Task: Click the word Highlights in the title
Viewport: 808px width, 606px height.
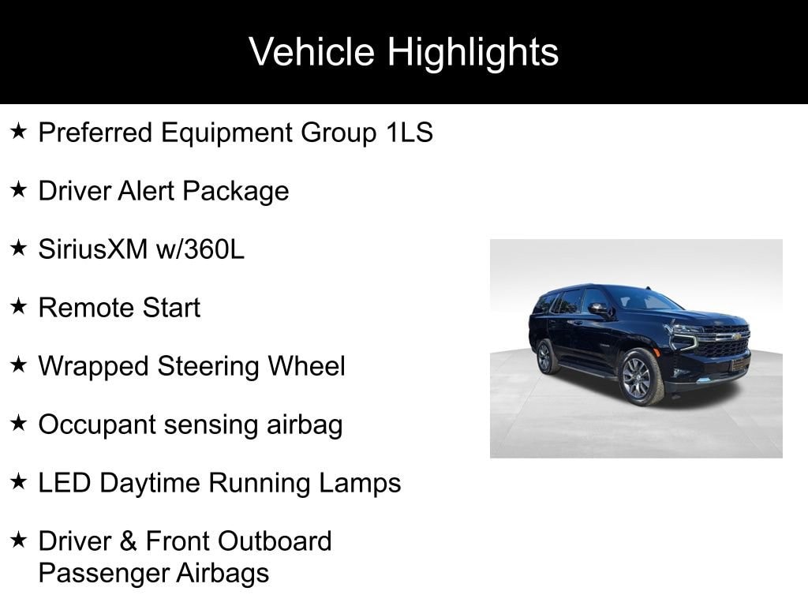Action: click(x=473, y=53)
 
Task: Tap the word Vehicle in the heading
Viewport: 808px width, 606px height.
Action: click(x=311, y=51)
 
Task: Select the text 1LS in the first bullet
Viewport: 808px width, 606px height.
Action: click(x=410, y=132)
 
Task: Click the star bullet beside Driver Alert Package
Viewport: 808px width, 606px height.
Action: click(x=19, y=189)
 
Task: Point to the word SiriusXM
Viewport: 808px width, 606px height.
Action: click(x=93, y=249)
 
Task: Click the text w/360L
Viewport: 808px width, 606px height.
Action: click(x=200, y=249)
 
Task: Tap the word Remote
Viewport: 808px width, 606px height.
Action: click(x=85, y=308)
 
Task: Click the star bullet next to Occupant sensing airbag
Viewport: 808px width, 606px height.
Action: click(x=19, y=423)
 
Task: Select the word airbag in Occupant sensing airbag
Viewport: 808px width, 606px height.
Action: click(x=305, y=425)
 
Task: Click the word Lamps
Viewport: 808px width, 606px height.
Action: click(x=360, y=484)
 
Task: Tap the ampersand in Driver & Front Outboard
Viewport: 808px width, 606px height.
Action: click(x=128, y=541)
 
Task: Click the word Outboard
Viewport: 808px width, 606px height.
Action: click(x=274, y=541)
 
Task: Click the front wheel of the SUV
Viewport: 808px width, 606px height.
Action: click(x=639, y=376)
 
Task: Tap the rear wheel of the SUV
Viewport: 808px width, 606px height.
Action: click(x=545, y=357)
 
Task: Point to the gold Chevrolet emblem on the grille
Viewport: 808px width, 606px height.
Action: click(x=736, y=336)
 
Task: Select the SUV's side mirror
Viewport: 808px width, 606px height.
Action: click(x=598, y=309)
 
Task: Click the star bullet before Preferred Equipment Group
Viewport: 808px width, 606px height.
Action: click(x=19, y=131)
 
